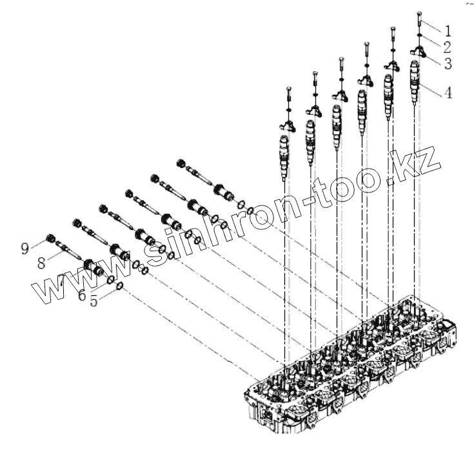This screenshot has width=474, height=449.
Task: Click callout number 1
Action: [447, 30]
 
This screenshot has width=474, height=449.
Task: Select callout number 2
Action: [447, 47]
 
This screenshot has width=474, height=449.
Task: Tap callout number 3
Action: [447, 63]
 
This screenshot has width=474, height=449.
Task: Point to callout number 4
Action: [447, 92]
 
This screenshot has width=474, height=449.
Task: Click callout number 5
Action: [94, 301]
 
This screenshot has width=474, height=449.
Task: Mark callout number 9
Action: [26, 247]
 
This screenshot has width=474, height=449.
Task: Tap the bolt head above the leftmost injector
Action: [288, 89]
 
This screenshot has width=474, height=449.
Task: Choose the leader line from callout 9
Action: [37, 245]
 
